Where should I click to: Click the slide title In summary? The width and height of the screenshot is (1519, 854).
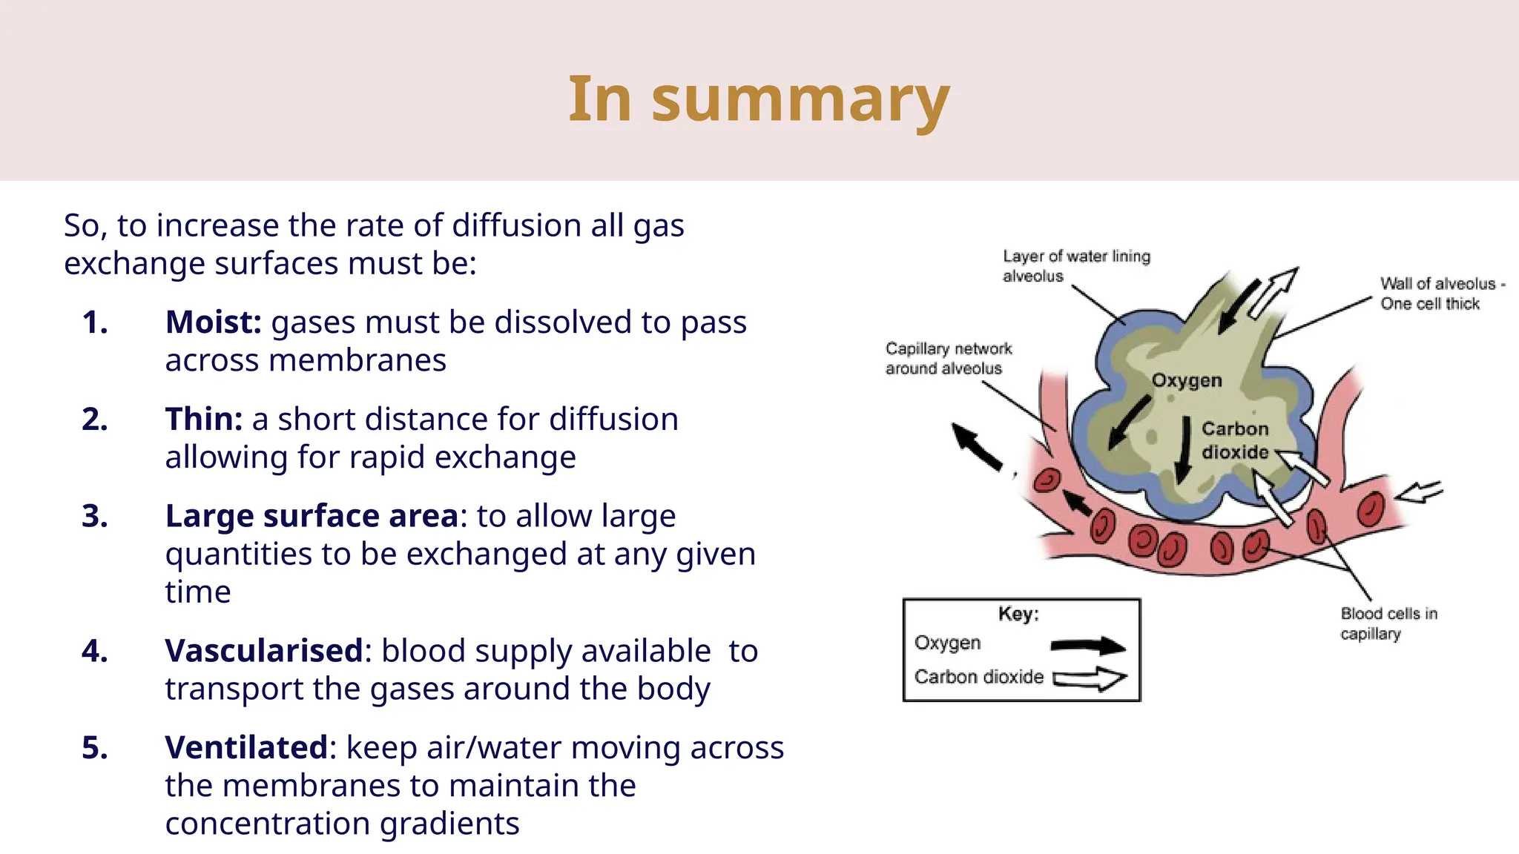point(759,99)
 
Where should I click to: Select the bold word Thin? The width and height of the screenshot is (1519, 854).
point(204,420)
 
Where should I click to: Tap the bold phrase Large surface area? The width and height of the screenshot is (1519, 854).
point(312,516)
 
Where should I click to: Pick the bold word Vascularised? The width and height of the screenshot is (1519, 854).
point(265,651)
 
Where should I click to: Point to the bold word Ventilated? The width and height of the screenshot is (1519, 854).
point(246,747)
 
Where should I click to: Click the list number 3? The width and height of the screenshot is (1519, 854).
point(95,516)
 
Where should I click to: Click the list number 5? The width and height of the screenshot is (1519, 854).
point(95,747)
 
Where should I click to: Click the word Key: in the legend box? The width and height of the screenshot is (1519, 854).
point(1018,614)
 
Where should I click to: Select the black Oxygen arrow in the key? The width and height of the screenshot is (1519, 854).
point(1088,646)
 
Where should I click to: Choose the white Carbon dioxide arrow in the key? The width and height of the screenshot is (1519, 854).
point(1090,678)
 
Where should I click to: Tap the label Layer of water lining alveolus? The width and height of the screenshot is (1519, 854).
point(1075,265)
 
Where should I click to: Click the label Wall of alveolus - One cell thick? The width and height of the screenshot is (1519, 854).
point(1441,294)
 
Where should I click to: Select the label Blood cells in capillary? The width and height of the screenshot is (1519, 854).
point(1388,623)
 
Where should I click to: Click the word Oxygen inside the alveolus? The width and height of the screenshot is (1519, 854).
point(1186,380)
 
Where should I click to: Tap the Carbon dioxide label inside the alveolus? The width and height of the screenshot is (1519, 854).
point(1235,440)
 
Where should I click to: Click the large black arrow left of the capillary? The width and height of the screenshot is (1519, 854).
point(976,446)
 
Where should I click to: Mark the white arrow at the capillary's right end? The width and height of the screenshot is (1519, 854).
point(1419,491)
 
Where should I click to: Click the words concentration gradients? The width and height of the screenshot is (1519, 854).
point(342,824)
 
